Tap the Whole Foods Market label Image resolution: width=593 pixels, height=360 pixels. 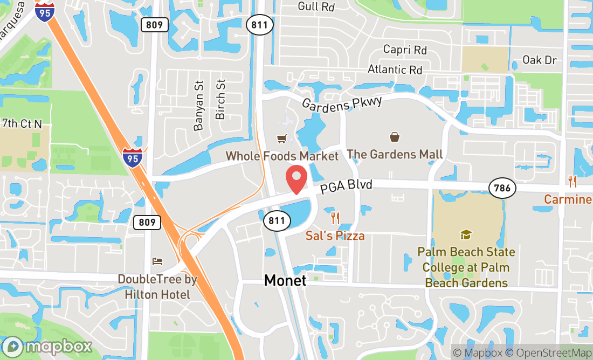click(281, 156)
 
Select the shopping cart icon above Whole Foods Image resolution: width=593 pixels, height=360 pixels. click(281, 140)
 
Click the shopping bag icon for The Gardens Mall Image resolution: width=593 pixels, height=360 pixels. click(395, 138)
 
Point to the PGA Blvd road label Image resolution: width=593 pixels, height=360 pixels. click(346, 188)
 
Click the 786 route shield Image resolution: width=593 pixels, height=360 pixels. click(502, 188)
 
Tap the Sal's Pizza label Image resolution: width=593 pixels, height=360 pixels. click(335, 236)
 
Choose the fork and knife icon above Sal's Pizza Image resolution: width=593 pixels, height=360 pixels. click(335, 218)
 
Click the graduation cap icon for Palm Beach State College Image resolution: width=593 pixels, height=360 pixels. click(465, 234)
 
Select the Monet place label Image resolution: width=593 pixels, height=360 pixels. click(285, 280)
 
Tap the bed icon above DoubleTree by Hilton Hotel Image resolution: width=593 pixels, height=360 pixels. click(157, 261)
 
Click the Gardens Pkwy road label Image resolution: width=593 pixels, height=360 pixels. click(342, 103)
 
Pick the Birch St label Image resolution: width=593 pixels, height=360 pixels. click(220, 100)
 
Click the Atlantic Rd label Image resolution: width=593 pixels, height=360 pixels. click(395, 70)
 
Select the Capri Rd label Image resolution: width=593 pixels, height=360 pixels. click(405, 50)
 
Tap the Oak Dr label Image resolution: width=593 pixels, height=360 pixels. click(539, 60)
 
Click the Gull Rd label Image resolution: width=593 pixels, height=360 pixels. click(316, 7)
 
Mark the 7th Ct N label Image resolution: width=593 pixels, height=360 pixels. click(22, 123)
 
